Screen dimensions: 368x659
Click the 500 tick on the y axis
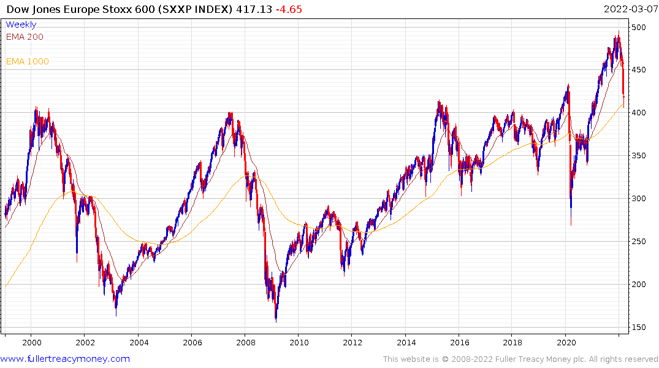pos(639,28)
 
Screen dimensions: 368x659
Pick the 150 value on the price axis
pos(639,328)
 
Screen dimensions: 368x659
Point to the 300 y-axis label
pos(639,199)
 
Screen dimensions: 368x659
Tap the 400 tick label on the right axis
pos(639,113)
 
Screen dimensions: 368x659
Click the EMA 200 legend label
pos(25,37)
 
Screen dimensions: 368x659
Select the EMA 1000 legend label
pos(28,61)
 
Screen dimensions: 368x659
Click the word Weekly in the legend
pos(21,25)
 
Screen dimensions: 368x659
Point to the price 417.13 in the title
pos(254,10)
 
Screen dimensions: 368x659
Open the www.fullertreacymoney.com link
pos(65,359)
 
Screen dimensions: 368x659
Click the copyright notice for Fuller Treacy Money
pos(520,359)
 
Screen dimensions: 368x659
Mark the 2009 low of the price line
pos(276,321)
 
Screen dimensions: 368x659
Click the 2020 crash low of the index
pos(571,224)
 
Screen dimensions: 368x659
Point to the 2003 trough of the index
pos(116,315)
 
